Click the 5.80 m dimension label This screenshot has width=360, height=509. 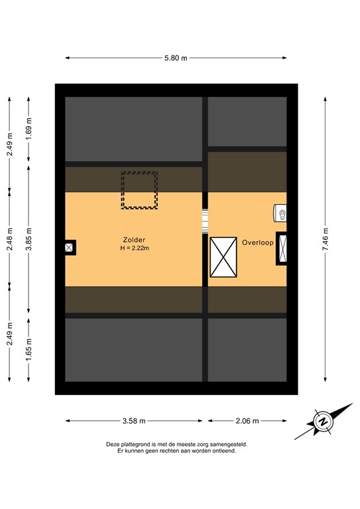(x=176, y=58)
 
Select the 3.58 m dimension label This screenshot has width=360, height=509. (x=133, y=421)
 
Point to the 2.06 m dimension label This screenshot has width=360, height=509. (x=246, y=421)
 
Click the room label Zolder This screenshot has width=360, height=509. (x=133, y=239)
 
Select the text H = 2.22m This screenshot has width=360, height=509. (x=135, y=249)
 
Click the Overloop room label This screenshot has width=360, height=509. (x=257, y=243)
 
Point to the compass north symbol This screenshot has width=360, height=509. (x=323, y=422)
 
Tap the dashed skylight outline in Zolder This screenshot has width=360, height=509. (x=139, y=190)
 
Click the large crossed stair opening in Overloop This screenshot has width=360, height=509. (x=223, y=256)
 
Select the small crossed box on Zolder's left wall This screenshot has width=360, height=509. (x=69, y=247)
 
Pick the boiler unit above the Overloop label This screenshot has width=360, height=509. (x=280, y=213)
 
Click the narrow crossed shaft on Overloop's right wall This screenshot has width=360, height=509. (x=282, y=249)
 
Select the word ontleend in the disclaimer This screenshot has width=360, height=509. (x=222, y=451)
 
